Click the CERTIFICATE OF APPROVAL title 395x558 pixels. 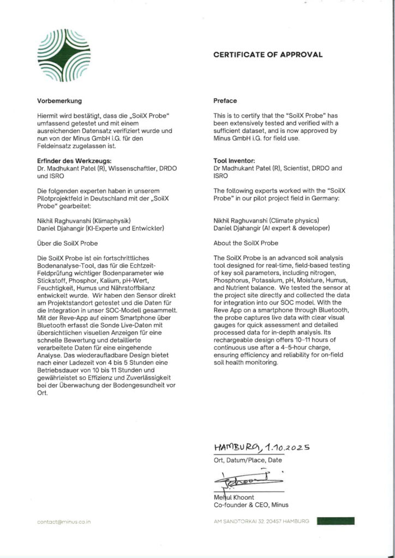[267, 54]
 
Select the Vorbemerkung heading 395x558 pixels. [59, 101]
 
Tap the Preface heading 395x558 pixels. [225, 101]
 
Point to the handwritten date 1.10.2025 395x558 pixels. [288, 447]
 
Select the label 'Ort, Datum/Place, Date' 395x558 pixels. [248, 460]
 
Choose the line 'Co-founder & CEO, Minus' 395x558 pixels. [250, 505]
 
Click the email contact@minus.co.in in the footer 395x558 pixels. [64, 522]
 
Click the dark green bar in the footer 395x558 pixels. [335, 521]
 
